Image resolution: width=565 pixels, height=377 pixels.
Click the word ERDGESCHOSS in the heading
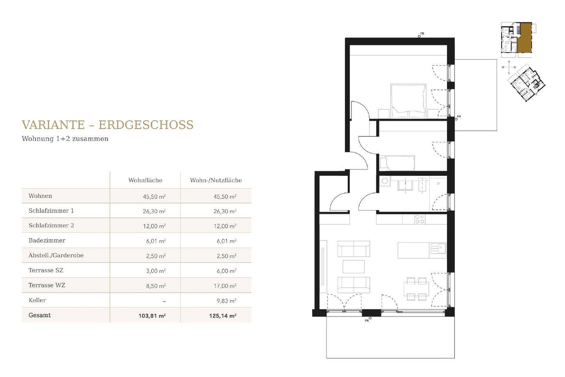146,125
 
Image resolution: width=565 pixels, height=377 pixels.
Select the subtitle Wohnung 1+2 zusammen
65,139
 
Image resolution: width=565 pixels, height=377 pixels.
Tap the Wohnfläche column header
145,180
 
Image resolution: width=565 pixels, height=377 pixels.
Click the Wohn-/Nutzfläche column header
216,180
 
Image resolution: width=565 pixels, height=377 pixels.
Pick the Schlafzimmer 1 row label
51,211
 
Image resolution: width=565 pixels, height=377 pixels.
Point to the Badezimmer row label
47,240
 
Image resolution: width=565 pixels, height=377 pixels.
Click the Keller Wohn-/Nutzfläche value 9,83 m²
226,301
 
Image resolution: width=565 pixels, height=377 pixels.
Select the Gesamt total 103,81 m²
152,316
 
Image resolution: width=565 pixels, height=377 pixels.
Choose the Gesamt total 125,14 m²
222,316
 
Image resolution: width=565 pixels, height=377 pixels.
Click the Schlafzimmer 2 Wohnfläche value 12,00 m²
154,226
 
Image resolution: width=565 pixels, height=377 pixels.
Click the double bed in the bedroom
408,101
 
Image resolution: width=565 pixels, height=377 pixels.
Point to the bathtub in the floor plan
397,163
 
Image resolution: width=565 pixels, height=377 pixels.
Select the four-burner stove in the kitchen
419,219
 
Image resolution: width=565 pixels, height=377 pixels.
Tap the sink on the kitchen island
438,248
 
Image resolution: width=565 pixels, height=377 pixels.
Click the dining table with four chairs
416,289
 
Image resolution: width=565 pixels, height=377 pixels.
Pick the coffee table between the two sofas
354,267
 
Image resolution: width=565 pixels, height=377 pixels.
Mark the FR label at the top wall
422,34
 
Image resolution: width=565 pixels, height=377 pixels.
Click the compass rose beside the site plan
508,67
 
